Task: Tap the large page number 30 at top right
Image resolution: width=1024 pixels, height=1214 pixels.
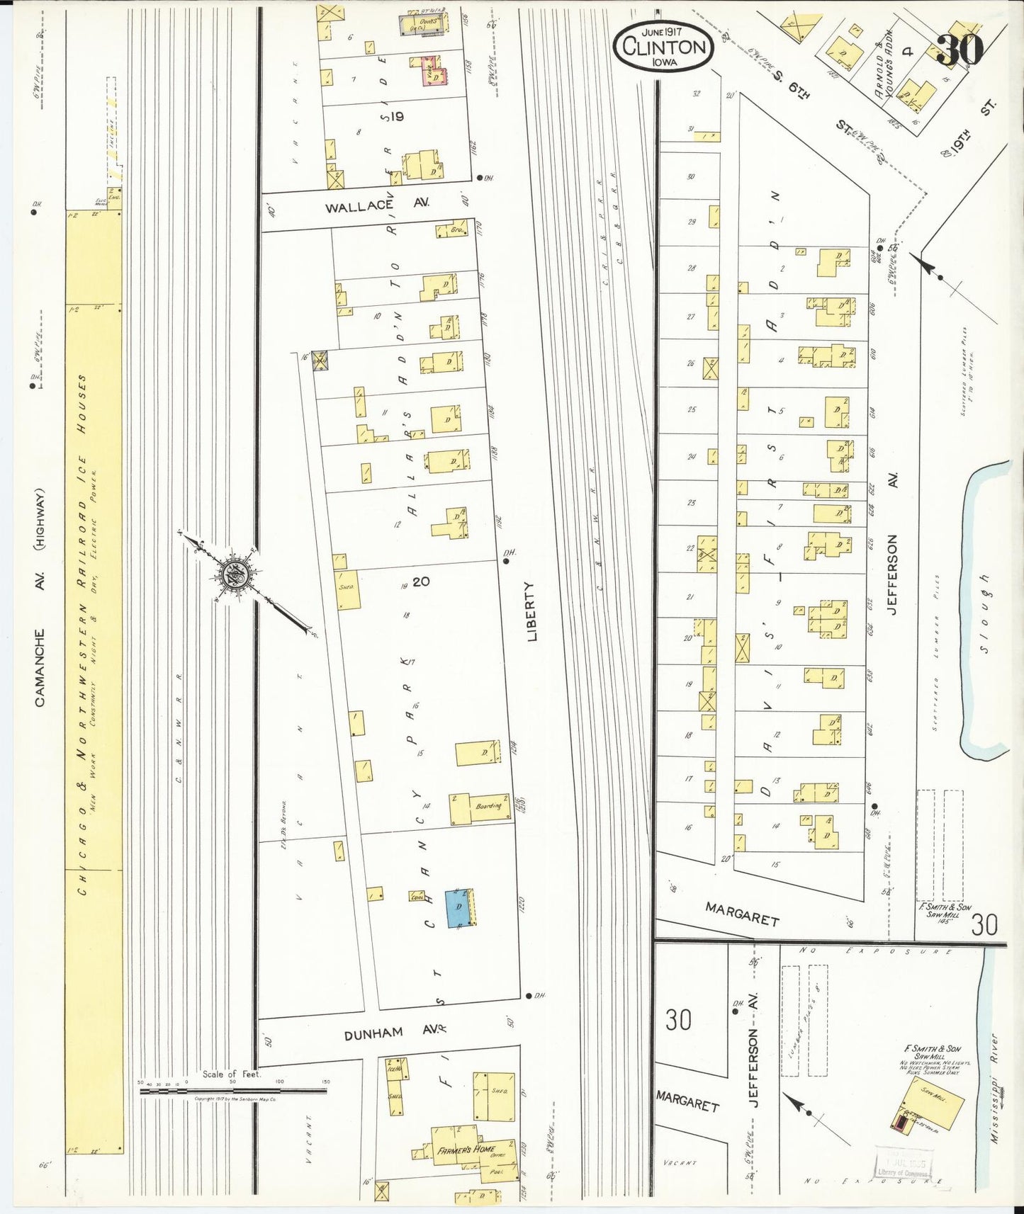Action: click(960, 50)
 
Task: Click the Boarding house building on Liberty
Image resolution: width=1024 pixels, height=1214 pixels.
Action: click(480, 809)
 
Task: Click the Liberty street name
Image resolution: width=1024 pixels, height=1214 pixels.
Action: click(532, 611)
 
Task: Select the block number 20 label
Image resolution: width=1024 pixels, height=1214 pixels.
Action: click(421, 582)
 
